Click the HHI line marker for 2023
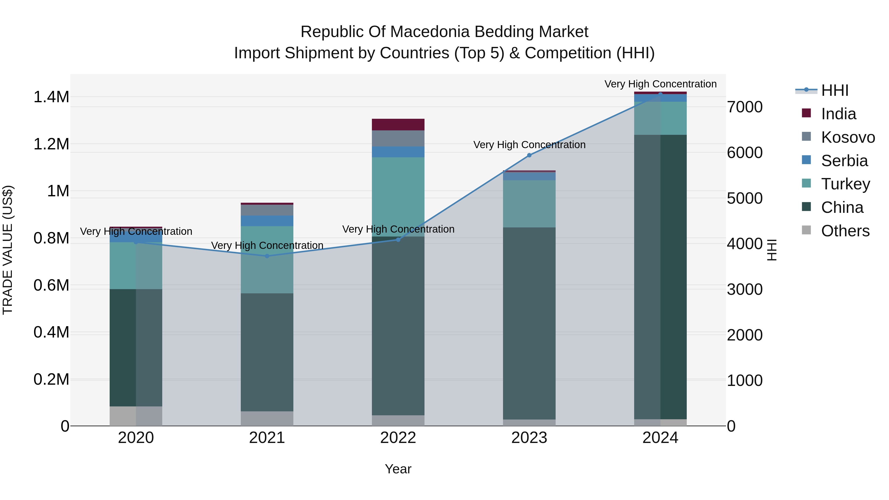click(x=529, y=155)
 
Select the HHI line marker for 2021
click(x=267, y=256)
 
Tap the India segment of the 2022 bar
click(x=398, y=125)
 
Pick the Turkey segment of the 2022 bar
click(x=398, y=197)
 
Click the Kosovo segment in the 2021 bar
click(x=267, y=210)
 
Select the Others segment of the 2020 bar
click(x=136, y=416)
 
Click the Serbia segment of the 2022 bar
click(x=398, y=152)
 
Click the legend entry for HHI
click(x=834, y=90)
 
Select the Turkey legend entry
click(x=845, y=184)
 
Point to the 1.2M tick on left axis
click(x=51, y=144)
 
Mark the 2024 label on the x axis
click(x=660, y=438)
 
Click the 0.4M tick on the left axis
click(x=51, y=332)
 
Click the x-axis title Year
click(x=398, y=469)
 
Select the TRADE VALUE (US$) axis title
click(x=8, y=250)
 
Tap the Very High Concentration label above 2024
click(x=660, y=84)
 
